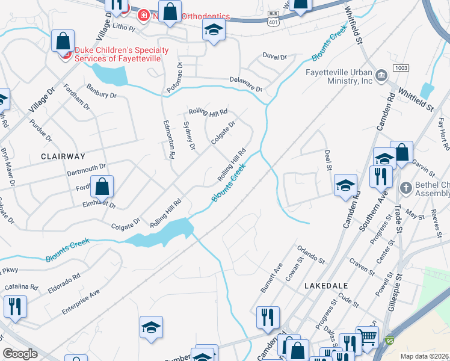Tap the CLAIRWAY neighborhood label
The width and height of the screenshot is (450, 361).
point(63,156)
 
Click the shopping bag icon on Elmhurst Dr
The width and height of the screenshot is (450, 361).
point(102,187)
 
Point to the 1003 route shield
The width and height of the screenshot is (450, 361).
point(402,68)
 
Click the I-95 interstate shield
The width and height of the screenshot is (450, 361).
point(390,340)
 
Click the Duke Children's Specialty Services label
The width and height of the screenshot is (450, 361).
point(122,55)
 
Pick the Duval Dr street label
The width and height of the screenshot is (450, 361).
point(275,57)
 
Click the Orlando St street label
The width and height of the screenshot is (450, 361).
point(311,254)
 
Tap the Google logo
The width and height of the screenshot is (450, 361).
point(20,354)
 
